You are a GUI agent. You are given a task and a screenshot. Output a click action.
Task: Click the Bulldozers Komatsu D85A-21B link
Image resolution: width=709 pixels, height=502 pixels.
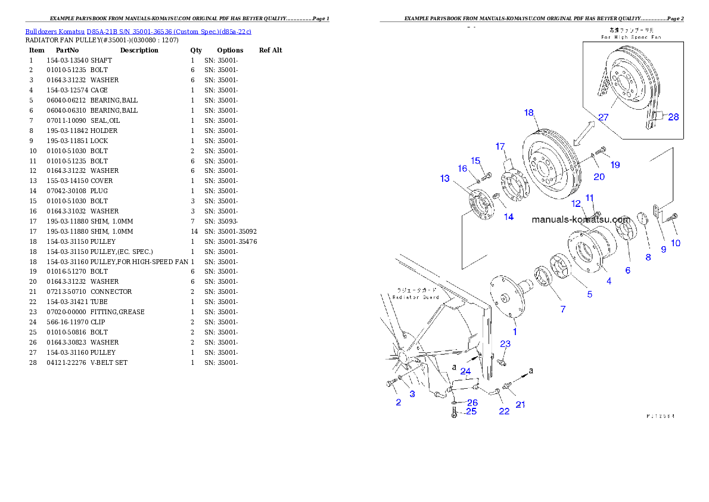tap(138, 31)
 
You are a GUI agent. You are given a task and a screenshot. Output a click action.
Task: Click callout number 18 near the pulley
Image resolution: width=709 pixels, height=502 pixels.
tap(529, 113)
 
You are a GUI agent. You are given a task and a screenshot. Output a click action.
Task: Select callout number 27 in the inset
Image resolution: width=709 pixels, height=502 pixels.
tap(604, 117)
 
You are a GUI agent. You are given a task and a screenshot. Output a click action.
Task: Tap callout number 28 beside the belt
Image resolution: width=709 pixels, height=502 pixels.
tap(673, 117)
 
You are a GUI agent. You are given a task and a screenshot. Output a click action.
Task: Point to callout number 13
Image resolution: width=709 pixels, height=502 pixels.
tap(445, 178)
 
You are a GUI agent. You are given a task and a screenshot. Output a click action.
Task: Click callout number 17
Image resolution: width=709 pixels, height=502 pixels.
tap(500, 146)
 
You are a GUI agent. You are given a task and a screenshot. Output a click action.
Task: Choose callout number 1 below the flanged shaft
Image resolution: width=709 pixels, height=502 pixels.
tap(515, 331)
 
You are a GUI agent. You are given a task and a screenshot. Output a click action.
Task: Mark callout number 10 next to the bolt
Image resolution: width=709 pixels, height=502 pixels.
tap(676, 243)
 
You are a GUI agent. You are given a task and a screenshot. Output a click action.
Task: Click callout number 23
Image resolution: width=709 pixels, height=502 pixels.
tap(505, 344)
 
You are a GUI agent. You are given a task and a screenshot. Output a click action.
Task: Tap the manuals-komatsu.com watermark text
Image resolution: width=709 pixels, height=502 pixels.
tap(580, 219)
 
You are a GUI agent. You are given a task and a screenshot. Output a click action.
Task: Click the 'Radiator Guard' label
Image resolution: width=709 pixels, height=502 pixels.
tap(415, 297)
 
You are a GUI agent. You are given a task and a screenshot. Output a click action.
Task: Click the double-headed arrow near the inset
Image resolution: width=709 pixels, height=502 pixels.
tap(584, 133)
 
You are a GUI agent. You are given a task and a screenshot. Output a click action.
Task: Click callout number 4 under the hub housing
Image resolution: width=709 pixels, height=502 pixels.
tap(608, 281)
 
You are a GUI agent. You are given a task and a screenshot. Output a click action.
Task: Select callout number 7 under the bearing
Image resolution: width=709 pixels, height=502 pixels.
tap(562, 309)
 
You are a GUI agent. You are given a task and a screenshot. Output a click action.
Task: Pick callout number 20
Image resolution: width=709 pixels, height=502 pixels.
tap(599, 177)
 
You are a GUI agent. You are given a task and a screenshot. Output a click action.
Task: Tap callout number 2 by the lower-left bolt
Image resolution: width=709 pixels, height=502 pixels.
tap(399, 402)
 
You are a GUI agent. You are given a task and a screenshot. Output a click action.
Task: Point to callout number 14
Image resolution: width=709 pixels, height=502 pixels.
tap(509, 218)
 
